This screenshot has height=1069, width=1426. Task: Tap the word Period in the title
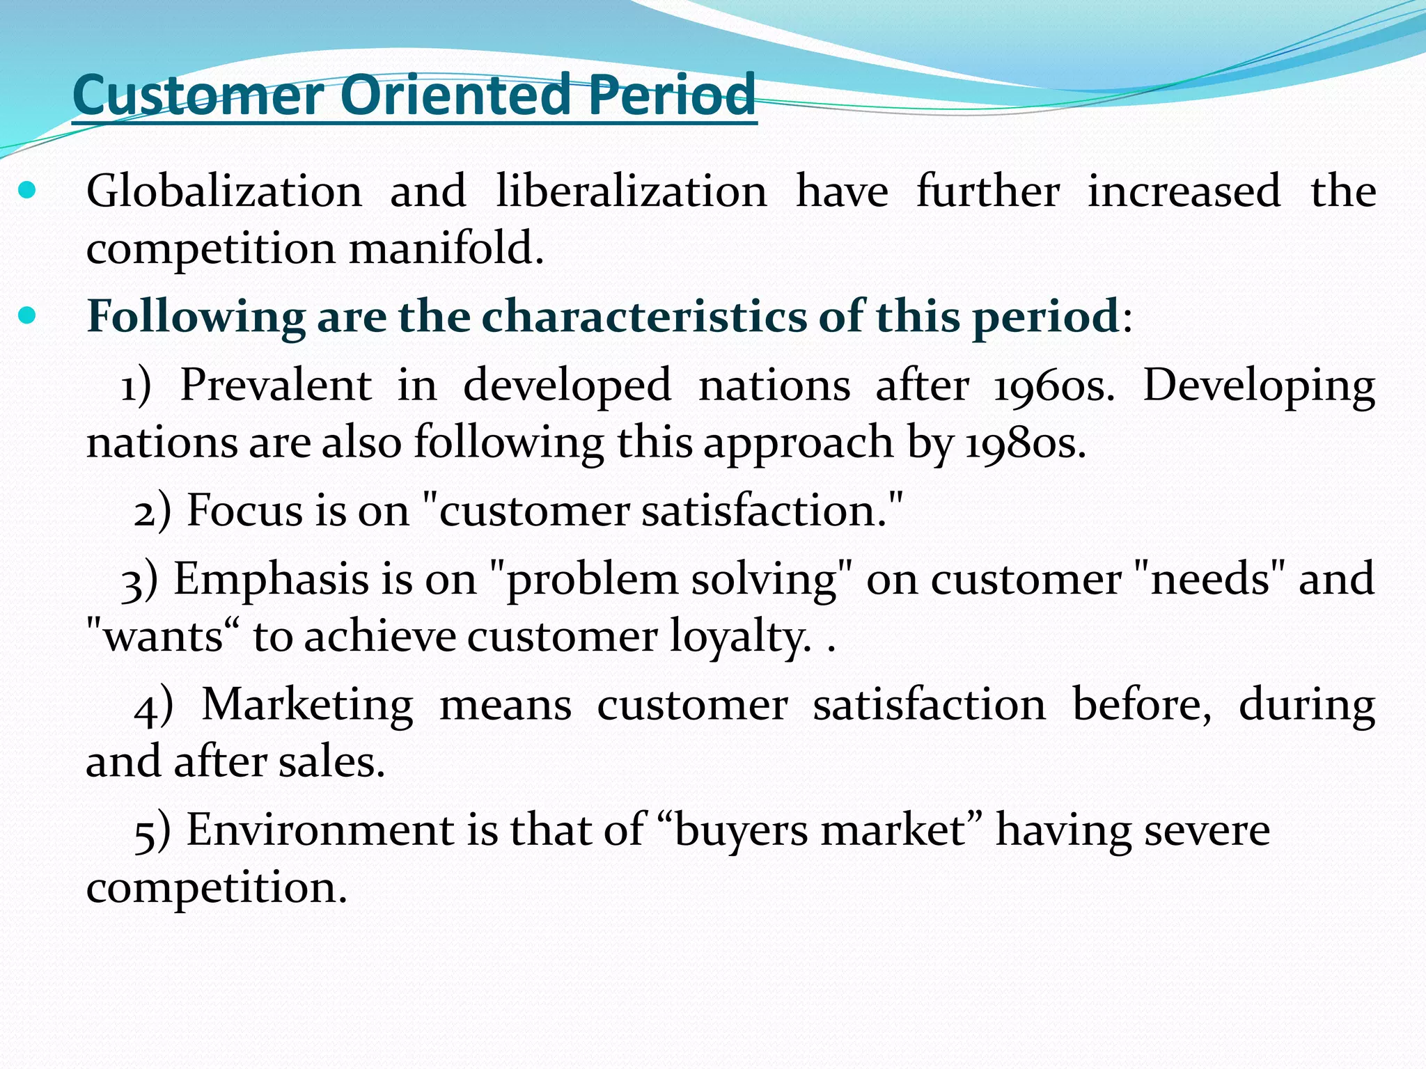pos(671,95)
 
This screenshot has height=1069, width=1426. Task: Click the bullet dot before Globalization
pos(27,190)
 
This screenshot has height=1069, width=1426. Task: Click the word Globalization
pos(224,191)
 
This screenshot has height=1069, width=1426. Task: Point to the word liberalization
pos(631,191)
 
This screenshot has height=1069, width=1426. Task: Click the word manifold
pos(446,248)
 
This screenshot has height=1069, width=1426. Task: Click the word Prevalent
pos(276,385)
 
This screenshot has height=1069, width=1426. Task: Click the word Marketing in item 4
pos(307,705)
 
